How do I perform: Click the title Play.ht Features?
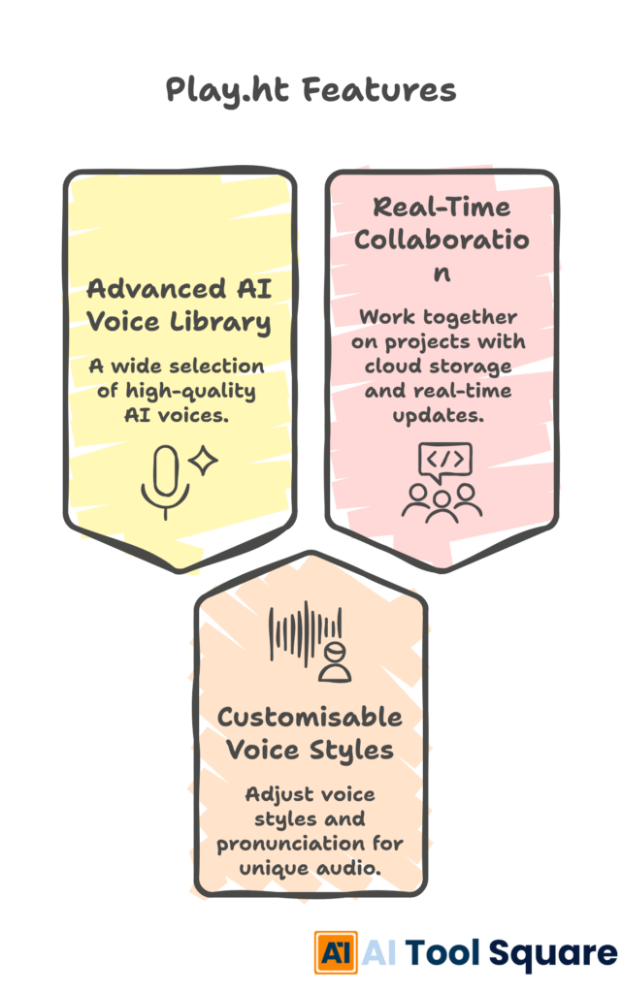coord(311,90)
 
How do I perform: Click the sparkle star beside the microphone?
coord(204,461)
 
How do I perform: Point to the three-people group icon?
coord(442,503)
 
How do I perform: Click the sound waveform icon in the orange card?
coord(306,633)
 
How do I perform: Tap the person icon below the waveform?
coord(335,662)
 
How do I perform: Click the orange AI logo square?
coord(336,952)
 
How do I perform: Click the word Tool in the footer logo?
coord(442,953)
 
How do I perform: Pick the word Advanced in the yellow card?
coord(156,289)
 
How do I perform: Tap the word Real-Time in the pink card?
coord(442,208)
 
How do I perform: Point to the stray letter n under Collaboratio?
coord(442,273)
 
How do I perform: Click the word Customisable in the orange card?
coord(310,718)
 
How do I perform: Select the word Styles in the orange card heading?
coord(351,752)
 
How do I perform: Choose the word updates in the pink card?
coord(438,415)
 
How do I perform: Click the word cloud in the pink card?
coord(391,366)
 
